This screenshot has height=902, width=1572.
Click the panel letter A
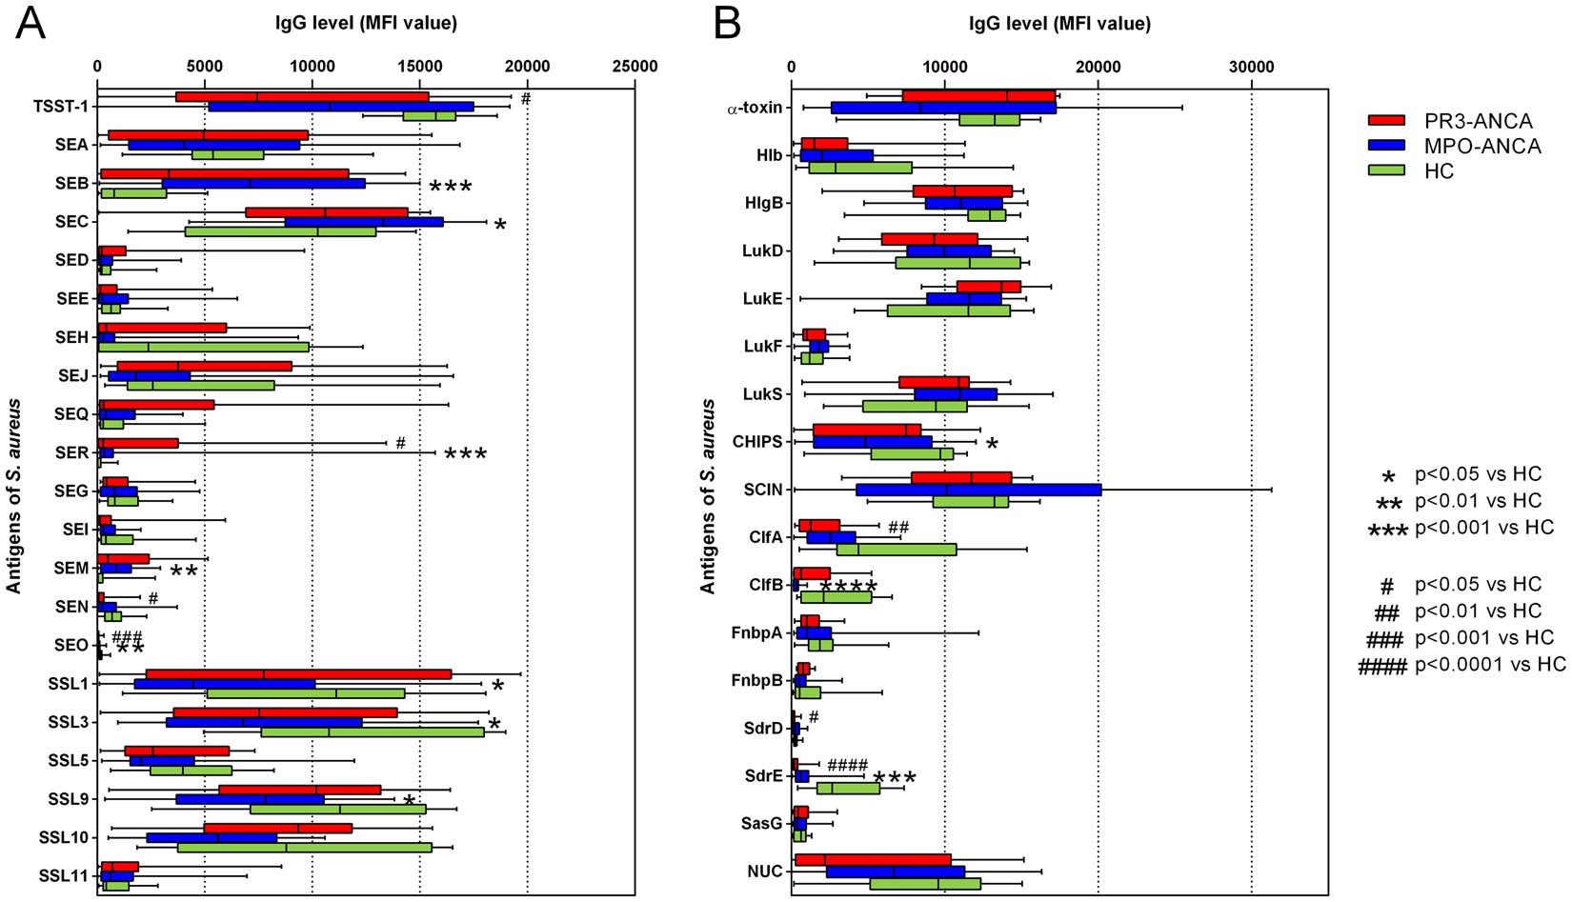30,23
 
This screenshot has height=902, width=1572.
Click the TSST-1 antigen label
61,107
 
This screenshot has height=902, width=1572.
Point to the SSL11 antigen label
64,875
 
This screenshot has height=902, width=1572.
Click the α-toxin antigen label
754,108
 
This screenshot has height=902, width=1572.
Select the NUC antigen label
765,872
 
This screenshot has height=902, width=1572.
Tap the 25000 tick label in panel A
635,67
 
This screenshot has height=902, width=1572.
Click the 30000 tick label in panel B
1251,67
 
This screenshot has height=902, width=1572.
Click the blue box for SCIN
978,491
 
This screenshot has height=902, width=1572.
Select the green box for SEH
203,347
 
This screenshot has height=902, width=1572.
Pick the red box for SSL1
298,674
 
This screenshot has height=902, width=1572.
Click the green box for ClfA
897,550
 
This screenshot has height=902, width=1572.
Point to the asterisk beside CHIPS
992,445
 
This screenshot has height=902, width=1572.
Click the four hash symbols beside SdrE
847,765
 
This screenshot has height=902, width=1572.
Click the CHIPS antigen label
756,442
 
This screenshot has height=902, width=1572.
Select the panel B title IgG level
1059,24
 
